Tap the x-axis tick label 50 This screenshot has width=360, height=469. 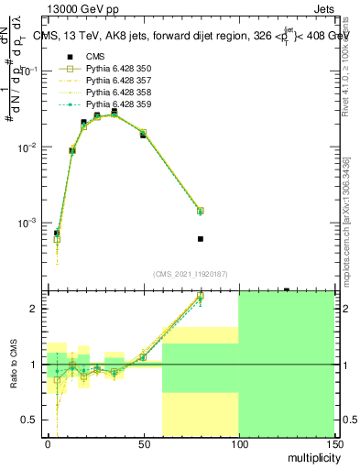click(x=143, y=443)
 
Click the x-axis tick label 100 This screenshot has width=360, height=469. click(x=238, y=443)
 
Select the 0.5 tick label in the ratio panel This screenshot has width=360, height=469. click(x=32, y=420)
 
